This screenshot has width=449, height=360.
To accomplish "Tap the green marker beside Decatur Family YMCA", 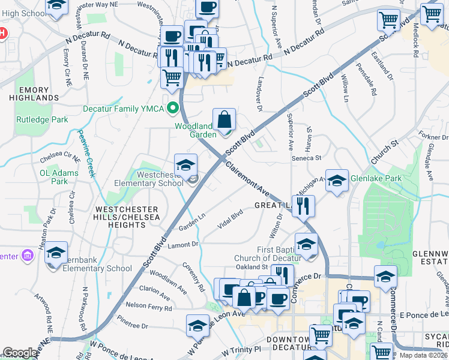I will click(x=173, y=109).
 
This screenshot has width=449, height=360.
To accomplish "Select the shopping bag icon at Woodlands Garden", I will click(x=224, y=119).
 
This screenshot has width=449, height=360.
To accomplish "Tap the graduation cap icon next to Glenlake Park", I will click(x=337, y=180).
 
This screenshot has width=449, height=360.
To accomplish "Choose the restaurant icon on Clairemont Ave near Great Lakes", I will click(x=304, y=206).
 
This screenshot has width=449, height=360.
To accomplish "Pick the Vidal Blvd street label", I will click(x=230, y=217).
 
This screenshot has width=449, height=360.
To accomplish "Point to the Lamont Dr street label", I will click(x=183, y=244).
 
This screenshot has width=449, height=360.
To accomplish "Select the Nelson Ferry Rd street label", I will click(x=145, y=305).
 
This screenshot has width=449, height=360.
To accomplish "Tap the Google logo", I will click(x=20, y=353).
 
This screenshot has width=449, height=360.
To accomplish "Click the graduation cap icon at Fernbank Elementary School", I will click(x=56, y=253).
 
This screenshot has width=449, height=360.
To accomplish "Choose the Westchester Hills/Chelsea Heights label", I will click(x=121, y=217).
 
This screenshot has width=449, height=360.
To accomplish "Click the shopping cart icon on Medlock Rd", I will click(x=432, y=15).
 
